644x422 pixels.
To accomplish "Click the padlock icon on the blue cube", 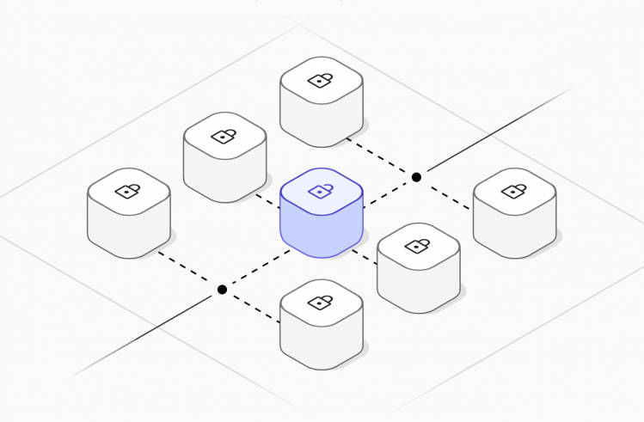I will (321, 190).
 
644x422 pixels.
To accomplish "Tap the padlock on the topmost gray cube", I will (321, 81).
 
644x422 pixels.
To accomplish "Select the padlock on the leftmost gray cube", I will (128, 190).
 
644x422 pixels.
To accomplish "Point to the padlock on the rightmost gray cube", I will (514, 190).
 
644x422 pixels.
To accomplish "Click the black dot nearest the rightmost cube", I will (416, 177).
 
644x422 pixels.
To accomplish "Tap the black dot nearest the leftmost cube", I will (222, 290).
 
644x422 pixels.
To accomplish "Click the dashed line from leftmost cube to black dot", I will (189, 271).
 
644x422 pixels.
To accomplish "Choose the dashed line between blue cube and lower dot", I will (255, 271).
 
